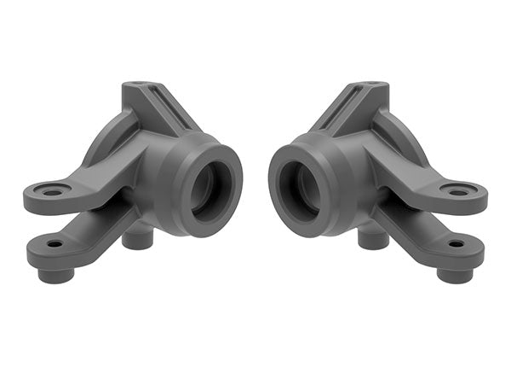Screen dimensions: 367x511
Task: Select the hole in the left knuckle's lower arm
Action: [55, 244]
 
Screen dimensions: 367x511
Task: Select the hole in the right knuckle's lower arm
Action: [456, 244]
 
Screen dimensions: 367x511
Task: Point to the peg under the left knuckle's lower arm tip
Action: [55, 275]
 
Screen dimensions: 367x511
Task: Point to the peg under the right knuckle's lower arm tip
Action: [456, 275]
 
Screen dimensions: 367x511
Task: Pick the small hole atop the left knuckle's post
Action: [139, 84]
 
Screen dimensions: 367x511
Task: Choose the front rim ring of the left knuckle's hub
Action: [231, 171]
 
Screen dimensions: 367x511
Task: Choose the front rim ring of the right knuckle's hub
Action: [279, 171]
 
